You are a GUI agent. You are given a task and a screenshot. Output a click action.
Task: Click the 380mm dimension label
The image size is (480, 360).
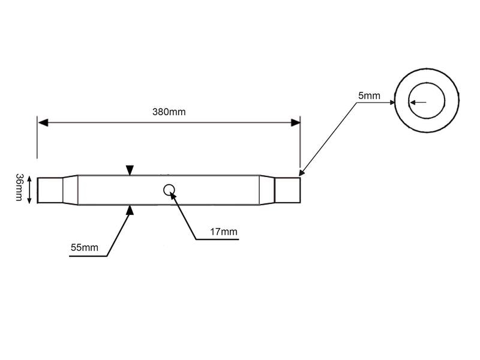(169, 112)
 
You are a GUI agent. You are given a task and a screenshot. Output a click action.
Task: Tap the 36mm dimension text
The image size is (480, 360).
(19, 187)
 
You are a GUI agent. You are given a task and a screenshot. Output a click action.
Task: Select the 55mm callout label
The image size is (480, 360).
(85, 247)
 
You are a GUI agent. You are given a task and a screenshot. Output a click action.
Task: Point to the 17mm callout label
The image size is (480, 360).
(223, 232)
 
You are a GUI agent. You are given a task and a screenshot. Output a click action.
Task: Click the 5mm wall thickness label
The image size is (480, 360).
(369, 95)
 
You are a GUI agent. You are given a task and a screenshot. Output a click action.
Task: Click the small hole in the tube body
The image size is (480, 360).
(169, 190)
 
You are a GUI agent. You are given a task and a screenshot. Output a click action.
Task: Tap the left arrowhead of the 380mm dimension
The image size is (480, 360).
(43, 123)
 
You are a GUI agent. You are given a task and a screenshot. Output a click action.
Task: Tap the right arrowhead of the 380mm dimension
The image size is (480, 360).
(295, 123)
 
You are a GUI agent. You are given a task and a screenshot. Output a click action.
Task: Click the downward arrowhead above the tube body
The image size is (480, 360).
(130, 170)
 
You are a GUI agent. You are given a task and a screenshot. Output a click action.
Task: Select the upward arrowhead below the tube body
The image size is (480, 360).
(130, 210)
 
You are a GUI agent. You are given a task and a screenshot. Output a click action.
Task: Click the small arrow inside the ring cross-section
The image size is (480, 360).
(418, 102)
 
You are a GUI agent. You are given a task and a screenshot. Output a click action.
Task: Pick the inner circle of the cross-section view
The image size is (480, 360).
(427, 101)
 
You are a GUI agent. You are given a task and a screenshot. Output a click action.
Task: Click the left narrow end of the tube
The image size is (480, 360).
(50, 190)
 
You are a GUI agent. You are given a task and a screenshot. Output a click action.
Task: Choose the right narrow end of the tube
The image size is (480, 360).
(287, 190)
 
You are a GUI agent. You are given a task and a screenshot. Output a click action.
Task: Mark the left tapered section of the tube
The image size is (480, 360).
(70, 190)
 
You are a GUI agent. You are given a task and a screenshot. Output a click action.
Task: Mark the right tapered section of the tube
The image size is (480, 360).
(267, 190)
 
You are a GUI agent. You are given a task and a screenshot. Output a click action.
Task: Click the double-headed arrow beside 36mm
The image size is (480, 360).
(29, 190)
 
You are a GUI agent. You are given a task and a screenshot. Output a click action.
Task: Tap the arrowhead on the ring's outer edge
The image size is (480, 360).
(392, 102)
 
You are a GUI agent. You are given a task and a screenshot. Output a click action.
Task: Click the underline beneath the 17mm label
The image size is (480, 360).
(217, 239)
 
